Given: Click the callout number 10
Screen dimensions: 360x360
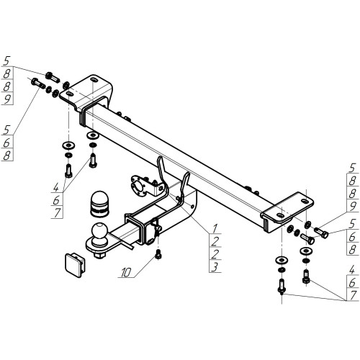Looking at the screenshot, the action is pyautogui.click(x=126, y=272).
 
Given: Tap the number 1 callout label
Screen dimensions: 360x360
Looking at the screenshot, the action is pyautogui.click(x=215, y=228).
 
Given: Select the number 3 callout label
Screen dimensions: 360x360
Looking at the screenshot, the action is pyautogui.click(x=215, y=267).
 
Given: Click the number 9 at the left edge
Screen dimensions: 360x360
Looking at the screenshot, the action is pyautogui.click(x=7, y=99).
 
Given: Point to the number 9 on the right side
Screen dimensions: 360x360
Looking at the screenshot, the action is pyautogui.click(x=352, y=207).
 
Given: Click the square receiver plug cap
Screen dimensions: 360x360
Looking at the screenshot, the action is pyautogui.click(x=75, y=265).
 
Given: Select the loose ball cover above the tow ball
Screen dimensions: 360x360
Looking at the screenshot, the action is pyautogui.click(x=99, y=203).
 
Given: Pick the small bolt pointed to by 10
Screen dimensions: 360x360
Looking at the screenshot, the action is pyautogui.click(x=158, y=254).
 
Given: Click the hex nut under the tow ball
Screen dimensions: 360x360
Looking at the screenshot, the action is pyautogui.click(x=99, y=255).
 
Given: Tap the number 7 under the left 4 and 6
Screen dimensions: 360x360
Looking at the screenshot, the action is pyautogui.click(x=57, y=212).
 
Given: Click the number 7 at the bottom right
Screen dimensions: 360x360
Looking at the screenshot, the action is pyautogui.click(x=352, y=295).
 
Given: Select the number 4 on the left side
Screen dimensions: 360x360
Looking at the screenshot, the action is pyautogui.click(x=56, y=187).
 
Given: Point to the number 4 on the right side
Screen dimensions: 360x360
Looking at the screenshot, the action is pyautogui.click(x=352, y=270).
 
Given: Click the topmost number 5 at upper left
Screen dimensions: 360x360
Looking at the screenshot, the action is pyautogui.click(x=7, y=60).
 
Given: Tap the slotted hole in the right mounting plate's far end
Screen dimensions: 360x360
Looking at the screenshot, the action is pyautogui.click(x=304, y=201).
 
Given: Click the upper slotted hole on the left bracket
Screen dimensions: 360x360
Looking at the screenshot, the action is pyautogui.click(x=94, y=79).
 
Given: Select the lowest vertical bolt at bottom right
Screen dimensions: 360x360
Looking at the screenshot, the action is pyautogui.click(x=282, y=287).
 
